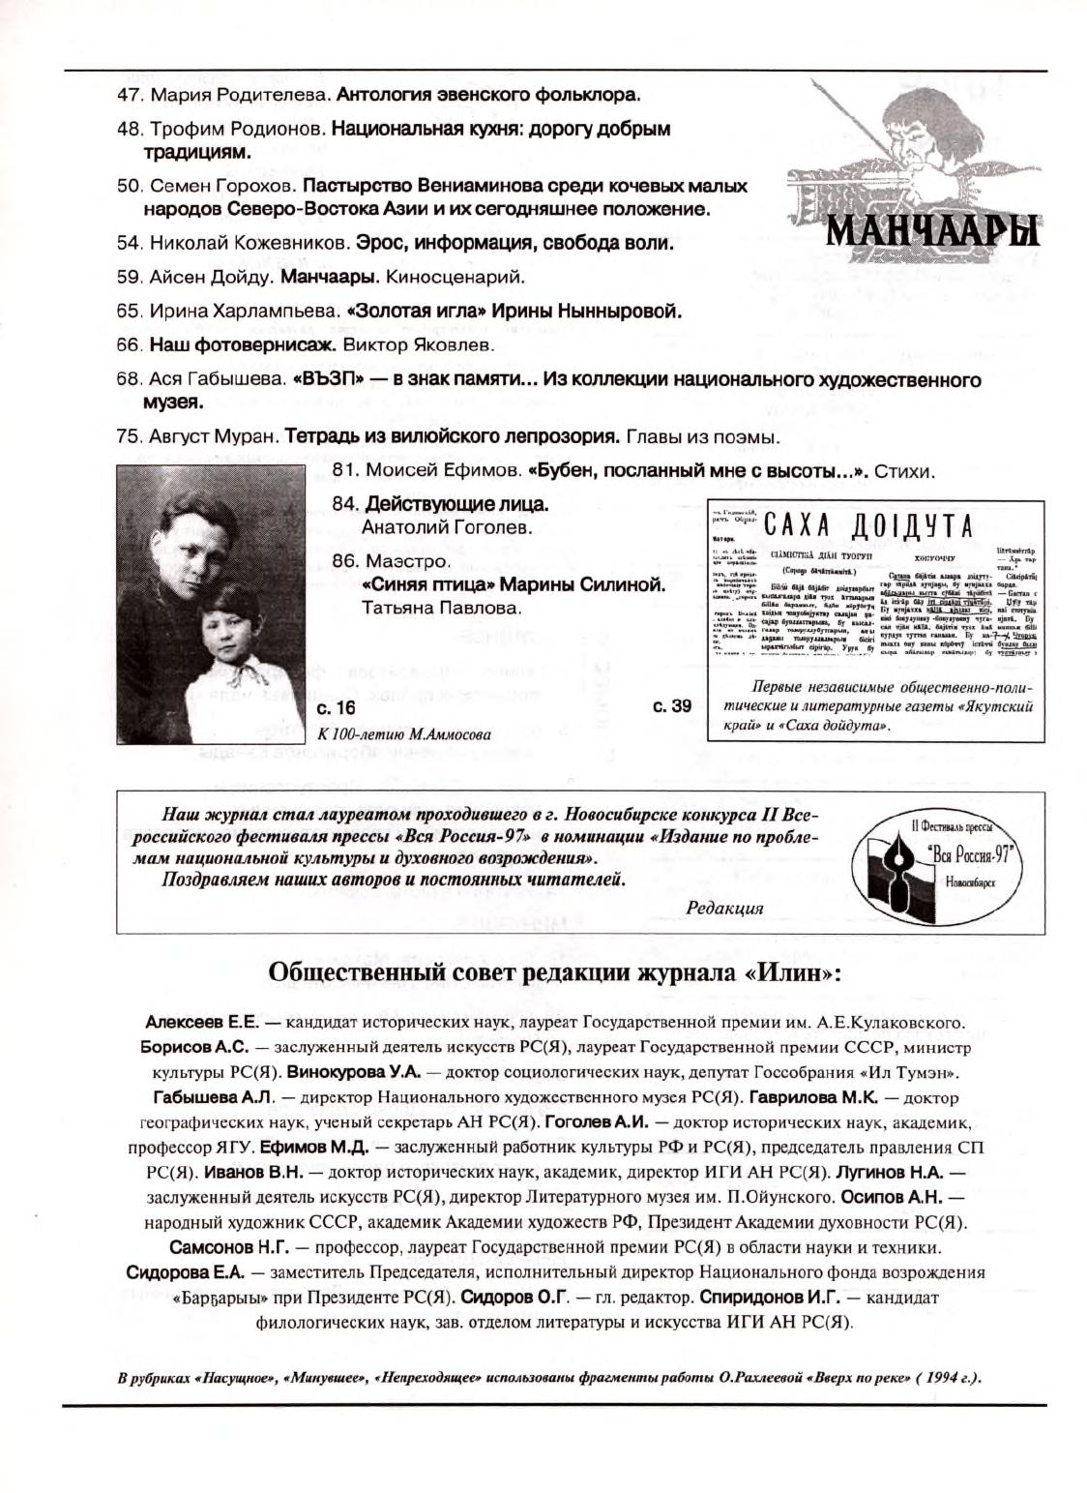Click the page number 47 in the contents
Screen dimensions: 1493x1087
[130, 96]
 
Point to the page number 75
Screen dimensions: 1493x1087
[130, 437]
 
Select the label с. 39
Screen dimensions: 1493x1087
[672, 706]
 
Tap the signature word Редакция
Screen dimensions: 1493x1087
[724, 908]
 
